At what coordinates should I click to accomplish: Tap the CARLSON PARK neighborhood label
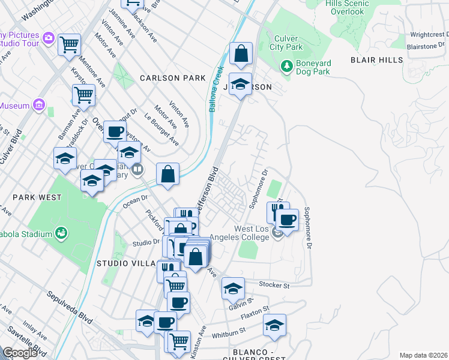tap(173, 78)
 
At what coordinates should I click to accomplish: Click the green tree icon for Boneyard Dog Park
tap(288, 64)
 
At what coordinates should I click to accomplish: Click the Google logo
tap(20, 353)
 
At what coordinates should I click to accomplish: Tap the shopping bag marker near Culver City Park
tap(240, 53)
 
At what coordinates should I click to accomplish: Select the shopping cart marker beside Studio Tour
tap(70, 43)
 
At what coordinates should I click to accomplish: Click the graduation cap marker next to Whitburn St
tap(274, 325)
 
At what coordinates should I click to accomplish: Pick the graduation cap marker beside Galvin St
tap(233, 289)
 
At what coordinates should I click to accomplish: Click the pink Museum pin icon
tap(40, 105)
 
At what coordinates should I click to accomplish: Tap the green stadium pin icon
tap(60, 232)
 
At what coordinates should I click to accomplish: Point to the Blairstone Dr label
tap(423, 46)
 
